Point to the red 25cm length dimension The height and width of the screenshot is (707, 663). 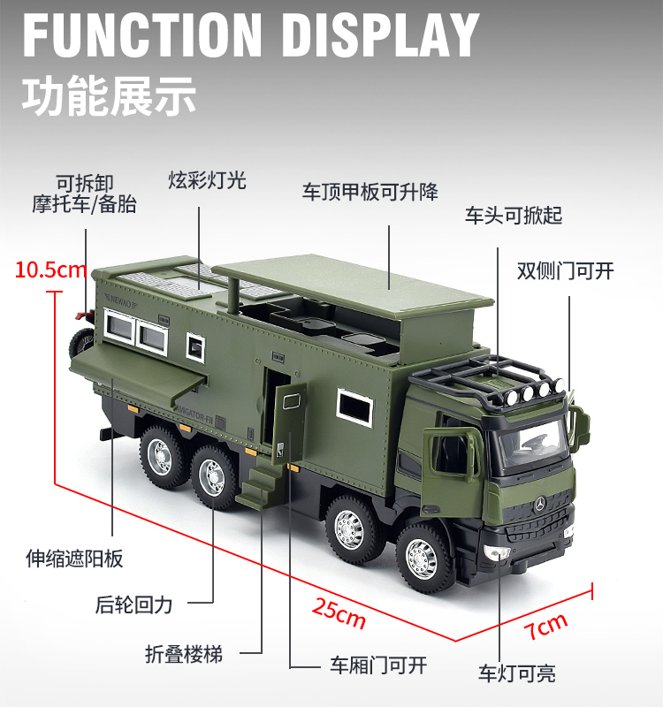[339, 612]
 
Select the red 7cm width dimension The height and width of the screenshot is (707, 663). [545, 628]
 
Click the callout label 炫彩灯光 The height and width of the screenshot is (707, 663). [208, 180]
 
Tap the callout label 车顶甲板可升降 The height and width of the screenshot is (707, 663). [370, 192]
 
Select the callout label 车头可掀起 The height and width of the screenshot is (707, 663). [514, 216]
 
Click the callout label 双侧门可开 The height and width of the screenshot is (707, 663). [565, 270]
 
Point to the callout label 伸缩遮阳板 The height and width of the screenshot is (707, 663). [74, 559]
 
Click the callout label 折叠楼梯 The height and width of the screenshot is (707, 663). [184, 654]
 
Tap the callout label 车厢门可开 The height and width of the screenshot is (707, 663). [378, 665]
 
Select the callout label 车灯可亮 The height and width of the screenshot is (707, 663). [517, 673]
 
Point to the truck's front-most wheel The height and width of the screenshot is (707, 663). [422, 556]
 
